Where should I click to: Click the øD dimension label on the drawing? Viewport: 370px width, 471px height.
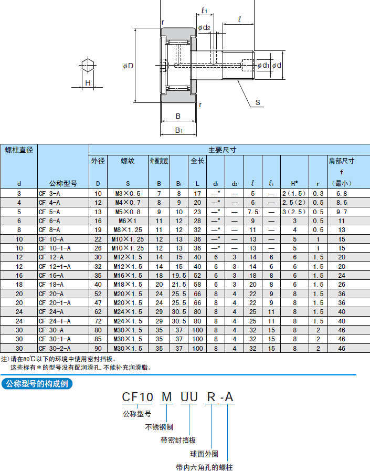128,66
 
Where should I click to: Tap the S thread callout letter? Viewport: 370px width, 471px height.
258,102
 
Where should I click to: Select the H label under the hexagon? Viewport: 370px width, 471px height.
88,83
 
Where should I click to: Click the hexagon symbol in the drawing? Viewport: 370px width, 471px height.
88,65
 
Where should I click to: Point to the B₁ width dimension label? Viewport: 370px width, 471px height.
178,130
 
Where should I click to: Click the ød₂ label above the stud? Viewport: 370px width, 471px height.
204,28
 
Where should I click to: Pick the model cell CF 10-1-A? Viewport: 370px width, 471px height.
55,248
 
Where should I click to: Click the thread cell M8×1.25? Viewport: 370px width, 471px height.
128,230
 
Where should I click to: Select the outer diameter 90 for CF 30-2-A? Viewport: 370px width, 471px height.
98,349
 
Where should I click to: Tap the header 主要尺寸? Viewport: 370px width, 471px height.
222,150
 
